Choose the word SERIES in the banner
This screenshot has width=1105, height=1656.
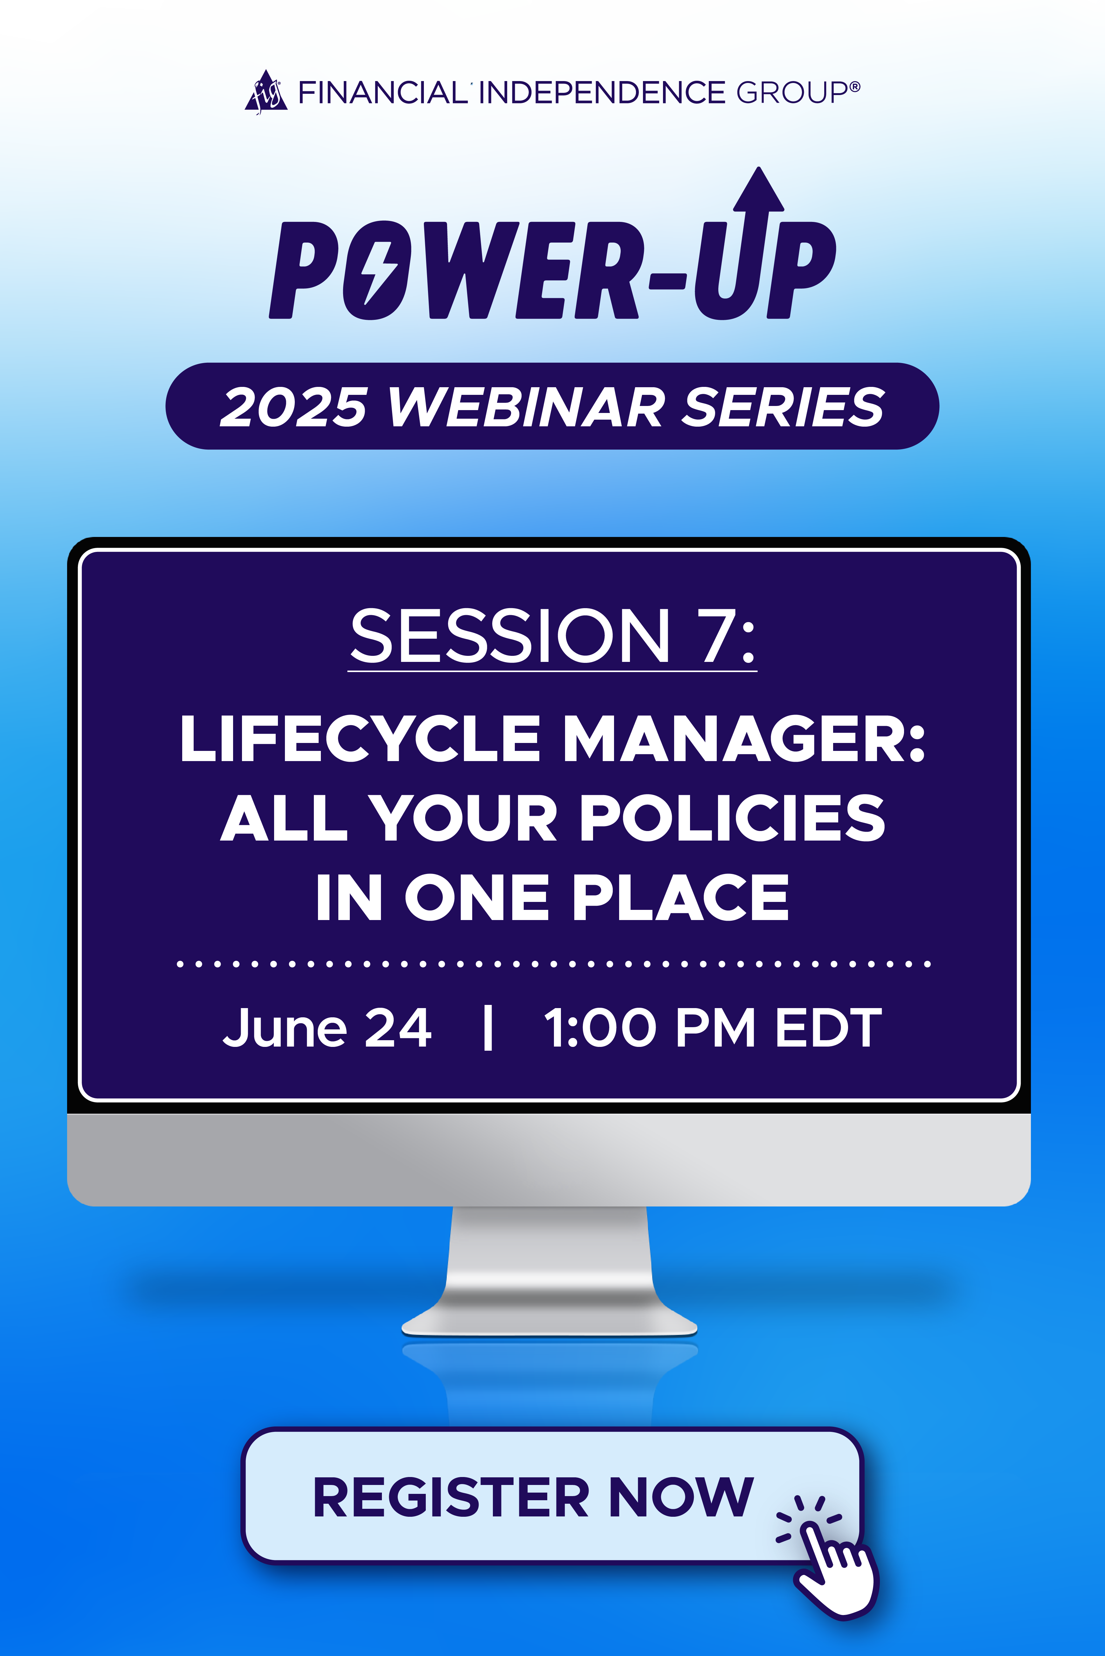pyautogui.click(x=782, y=407)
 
